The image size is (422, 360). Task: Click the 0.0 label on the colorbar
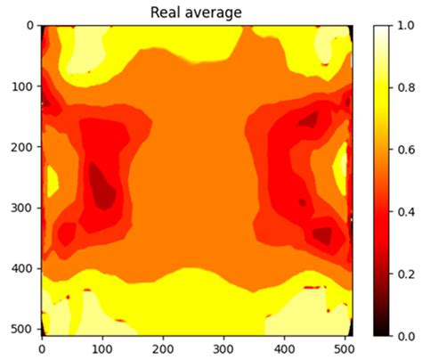tap(404, 335)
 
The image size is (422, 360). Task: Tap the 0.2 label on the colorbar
tap(404, 274)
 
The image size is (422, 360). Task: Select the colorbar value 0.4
tap(404, 211)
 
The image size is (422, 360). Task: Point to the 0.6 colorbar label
tap(404, 150)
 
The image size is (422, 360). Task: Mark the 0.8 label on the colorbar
tap(404, 87)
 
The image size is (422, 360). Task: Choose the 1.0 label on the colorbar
tap(404, 26)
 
